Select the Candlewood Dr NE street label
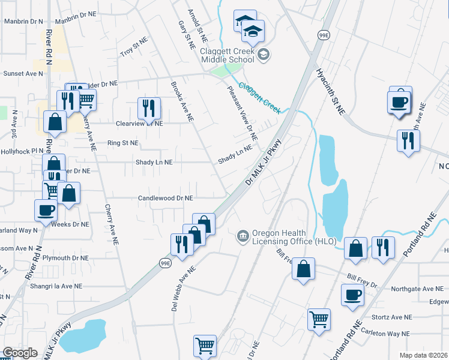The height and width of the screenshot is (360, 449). coord(165,197)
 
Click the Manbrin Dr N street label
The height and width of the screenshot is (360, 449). coord(23,21)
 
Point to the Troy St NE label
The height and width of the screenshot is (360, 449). coord(134,49)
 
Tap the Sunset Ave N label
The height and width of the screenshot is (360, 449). coord(23,73)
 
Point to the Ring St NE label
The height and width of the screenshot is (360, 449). coord(122,143)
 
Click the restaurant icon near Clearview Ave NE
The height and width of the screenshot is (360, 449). coord(147,108)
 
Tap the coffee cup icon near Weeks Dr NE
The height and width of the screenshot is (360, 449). coord(46,211)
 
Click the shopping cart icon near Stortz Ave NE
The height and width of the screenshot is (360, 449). coord(319,318)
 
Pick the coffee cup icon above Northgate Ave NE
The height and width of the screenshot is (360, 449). coord(352,295)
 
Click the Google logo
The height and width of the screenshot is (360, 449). coord(20,353)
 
